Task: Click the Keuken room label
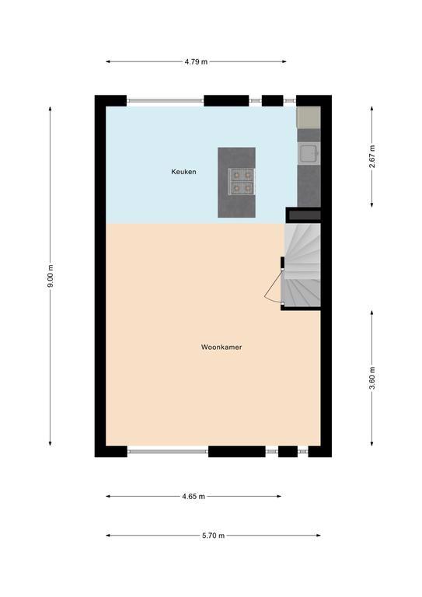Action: point(183,172)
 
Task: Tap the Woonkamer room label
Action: point(221,347)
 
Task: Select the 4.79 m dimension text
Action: point(196,61)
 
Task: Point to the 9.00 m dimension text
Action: point(51,276)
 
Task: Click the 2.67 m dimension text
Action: point(372,156)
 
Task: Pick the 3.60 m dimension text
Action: point(372,378)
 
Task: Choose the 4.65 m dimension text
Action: point(194,497)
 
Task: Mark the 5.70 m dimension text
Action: point(213,536)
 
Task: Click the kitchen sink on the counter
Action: point(309,153)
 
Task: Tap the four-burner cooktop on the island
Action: point(242,182)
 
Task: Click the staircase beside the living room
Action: point(302,265)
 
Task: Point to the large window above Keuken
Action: point(165,101)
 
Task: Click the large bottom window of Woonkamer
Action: point(168,452)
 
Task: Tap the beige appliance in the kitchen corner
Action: point(309,117)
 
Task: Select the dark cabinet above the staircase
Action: point(305,215)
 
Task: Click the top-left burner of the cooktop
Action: point(236,176)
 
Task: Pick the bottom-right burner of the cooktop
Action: point(248,187)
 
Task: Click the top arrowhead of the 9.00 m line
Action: point(51,109)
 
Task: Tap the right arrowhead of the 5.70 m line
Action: point(318,536)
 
